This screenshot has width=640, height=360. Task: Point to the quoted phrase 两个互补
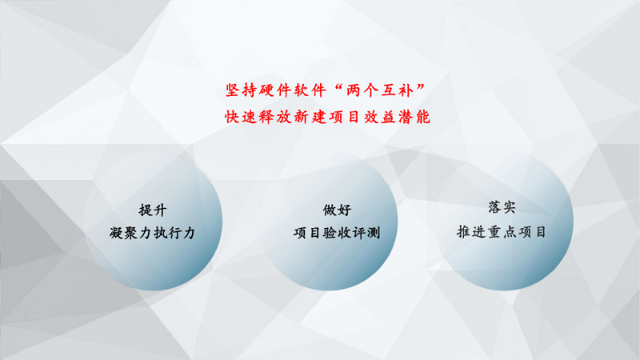[380, 90]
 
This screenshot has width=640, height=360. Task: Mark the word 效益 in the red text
[379, 117]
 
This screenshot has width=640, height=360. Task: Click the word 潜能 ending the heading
[414, 117]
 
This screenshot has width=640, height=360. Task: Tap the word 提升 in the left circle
[153, 210]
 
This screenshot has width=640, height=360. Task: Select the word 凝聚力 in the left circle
[130, 233]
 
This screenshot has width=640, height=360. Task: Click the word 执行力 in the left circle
[174, 233]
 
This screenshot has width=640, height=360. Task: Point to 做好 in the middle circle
[337, 210]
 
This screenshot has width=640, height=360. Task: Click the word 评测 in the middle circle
[366, 233]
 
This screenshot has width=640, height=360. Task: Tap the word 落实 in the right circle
[502, 207]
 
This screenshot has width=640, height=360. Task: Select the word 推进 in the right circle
[470, 232]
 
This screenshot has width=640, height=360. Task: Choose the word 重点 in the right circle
[502, 232]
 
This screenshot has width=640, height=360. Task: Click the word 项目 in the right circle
[533, 232]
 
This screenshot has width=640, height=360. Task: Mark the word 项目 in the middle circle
[307, 233]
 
